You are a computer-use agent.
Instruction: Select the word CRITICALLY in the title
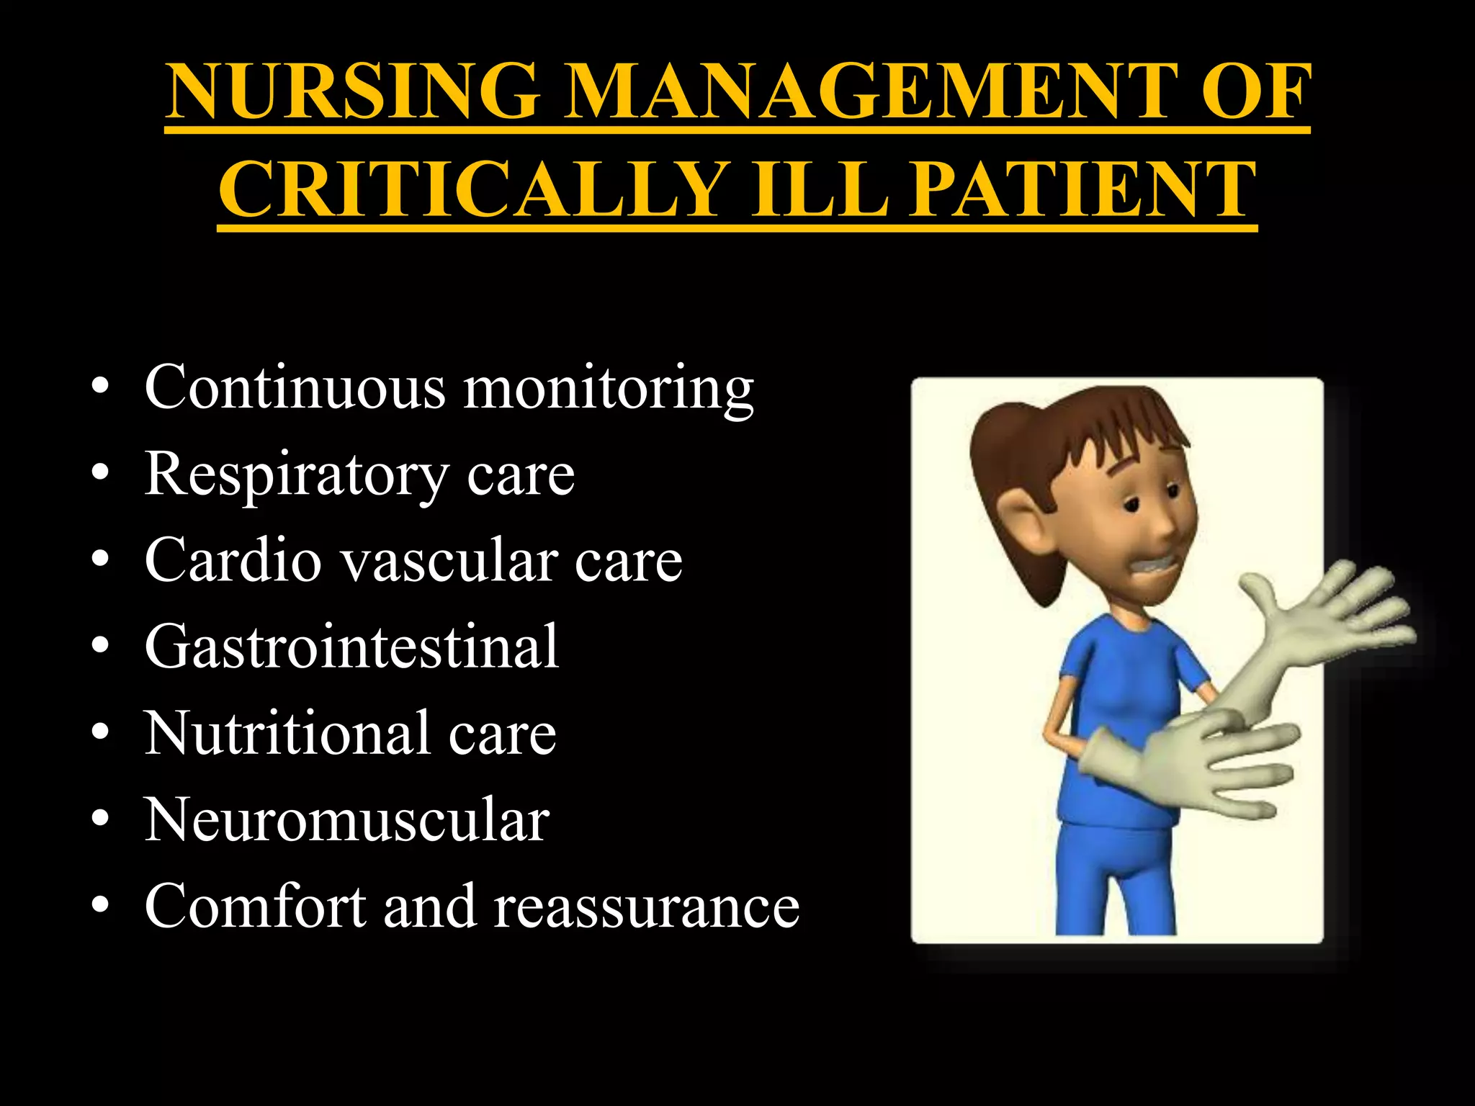pyautogui.click(x=472, y=189)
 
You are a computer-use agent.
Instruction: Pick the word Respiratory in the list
pyautogui.click(x=295, y=475)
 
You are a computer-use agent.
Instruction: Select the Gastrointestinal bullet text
pyautogui.click(x=351, y=647)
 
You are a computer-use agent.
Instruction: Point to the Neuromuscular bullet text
pyautogui.click(x=346, y=820)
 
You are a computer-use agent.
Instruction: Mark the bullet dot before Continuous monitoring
pyautogui.click(x=100, y=390)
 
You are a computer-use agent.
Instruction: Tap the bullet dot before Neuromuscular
pyautogui.click(x=100, y=821)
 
